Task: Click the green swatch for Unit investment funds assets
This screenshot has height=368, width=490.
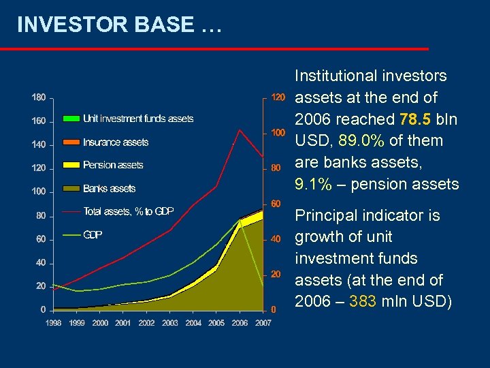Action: [x=71, y=119]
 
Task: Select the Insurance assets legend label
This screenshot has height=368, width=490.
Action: [x=116, y=142]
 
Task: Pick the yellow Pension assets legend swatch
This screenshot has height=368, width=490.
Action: [x=71, y=165]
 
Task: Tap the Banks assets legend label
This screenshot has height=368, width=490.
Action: [x=109, y=188]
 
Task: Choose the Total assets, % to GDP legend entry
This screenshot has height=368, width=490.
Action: [x=128, y=211]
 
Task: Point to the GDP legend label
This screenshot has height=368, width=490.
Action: [x=93, y=234]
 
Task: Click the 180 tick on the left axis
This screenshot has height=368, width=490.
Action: [x=39, y=97]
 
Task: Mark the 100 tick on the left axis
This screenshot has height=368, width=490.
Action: [x=39, y=191]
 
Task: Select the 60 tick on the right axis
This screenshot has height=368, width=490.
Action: [x=275, y=203]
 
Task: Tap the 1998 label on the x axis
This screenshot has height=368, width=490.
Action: [x=54, y=323]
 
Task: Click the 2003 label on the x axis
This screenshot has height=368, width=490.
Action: [x=170, y=323]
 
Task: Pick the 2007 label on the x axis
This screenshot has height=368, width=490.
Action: [x=263, y=323]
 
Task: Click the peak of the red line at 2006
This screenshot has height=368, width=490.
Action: [x=240, y=130]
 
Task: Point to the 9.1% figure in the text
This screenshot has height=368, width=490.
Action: [x=314, y=184]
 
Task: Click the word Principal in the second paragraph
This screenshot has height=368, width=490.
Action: [x=323, y=215]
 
